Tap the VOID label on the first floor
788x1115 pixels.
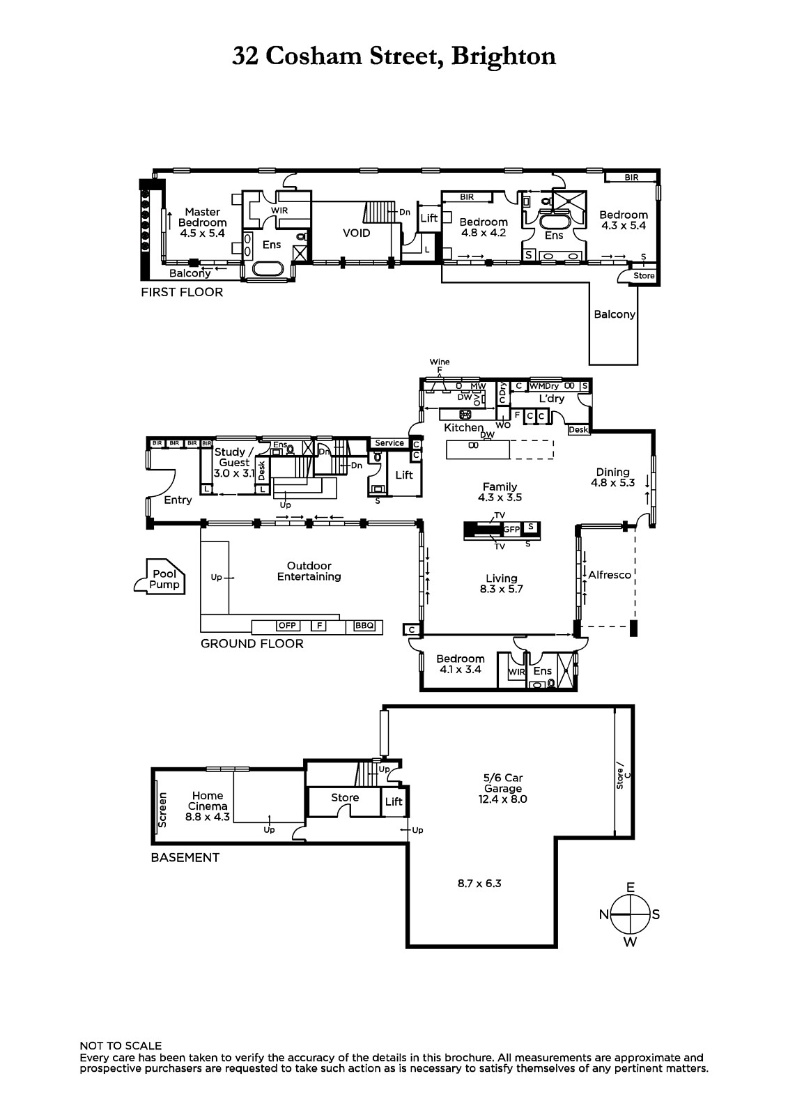356,233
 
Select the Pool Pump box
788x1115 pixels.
164,579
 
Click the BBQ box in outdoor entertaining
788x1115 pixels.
364,626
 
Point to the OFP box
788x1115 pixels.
287,626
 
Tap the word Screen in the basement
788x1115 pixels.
163,810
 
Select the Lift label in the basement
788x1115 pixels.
394,801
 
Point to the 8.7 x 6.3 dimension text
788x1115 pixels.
479,883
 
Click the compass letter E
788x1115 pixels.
631,887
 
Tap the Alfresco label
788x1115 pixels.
610,575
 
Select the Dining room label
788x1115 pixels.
612,472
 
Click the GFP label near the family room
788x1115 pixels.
512,530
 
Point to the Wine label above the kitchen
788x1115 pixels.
440,362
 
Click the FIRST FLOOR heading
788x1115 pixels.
182,292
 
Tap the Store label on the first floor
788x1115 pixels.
644,276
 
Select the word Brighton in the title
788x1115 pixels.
504,56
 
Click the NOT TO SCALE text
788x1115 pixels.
121,1045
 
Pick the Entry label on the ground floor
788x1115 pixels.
178,500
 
